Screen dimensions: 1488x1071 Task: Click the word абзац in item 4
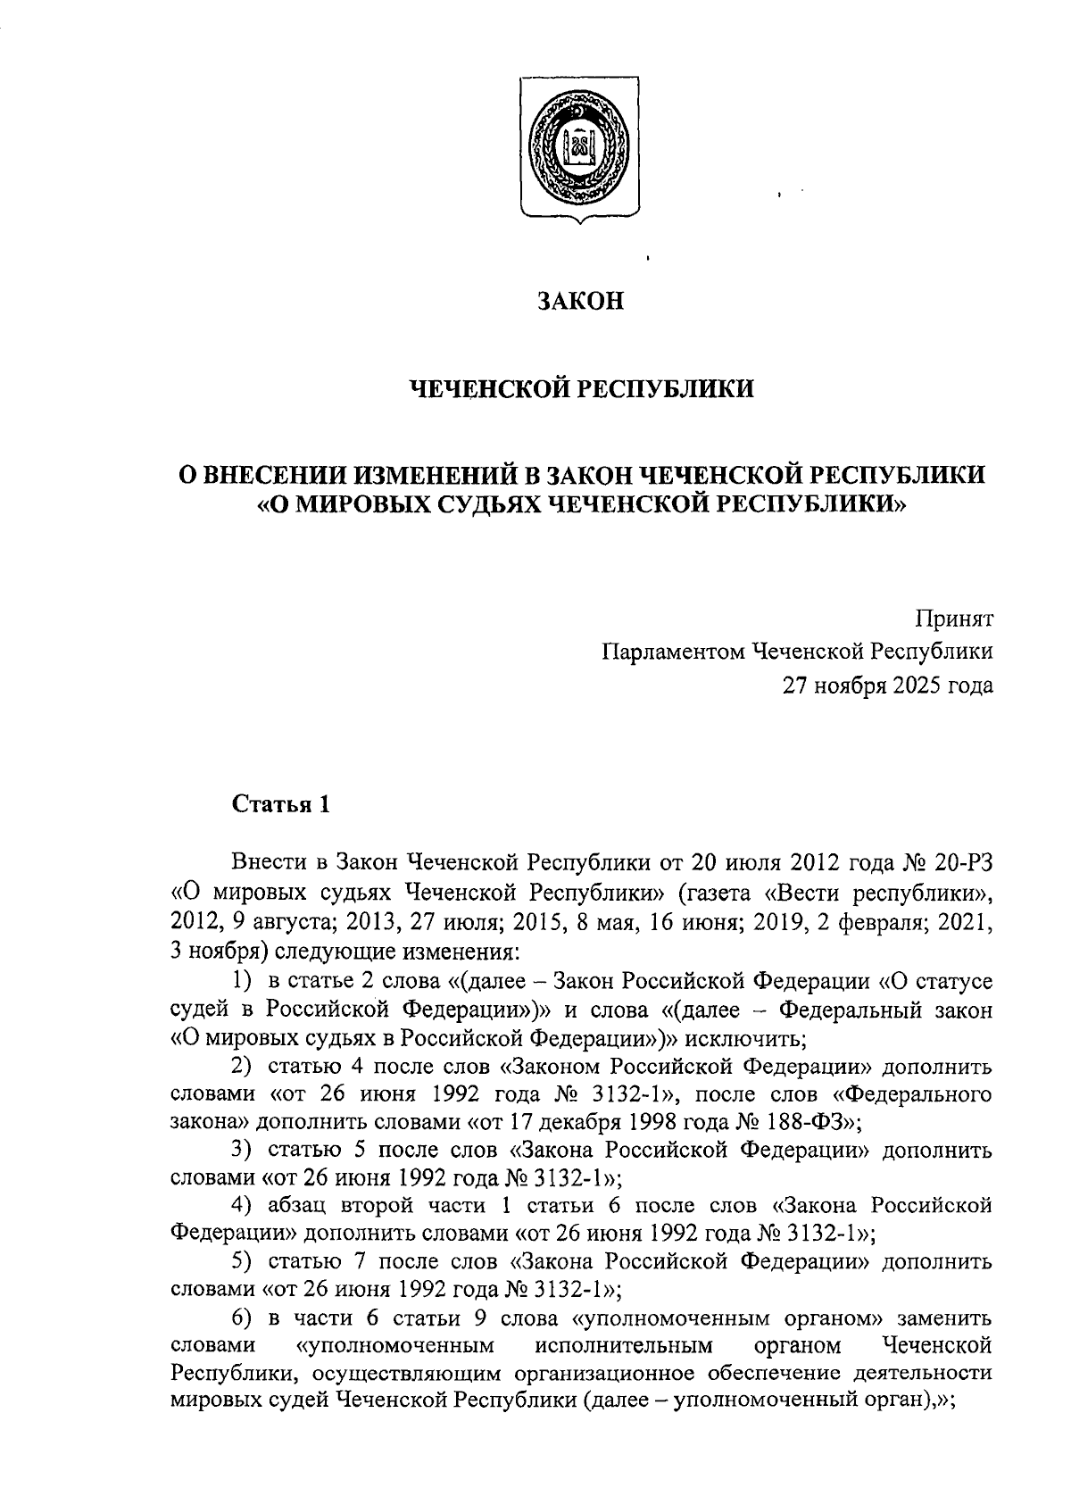point(299,1206)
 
